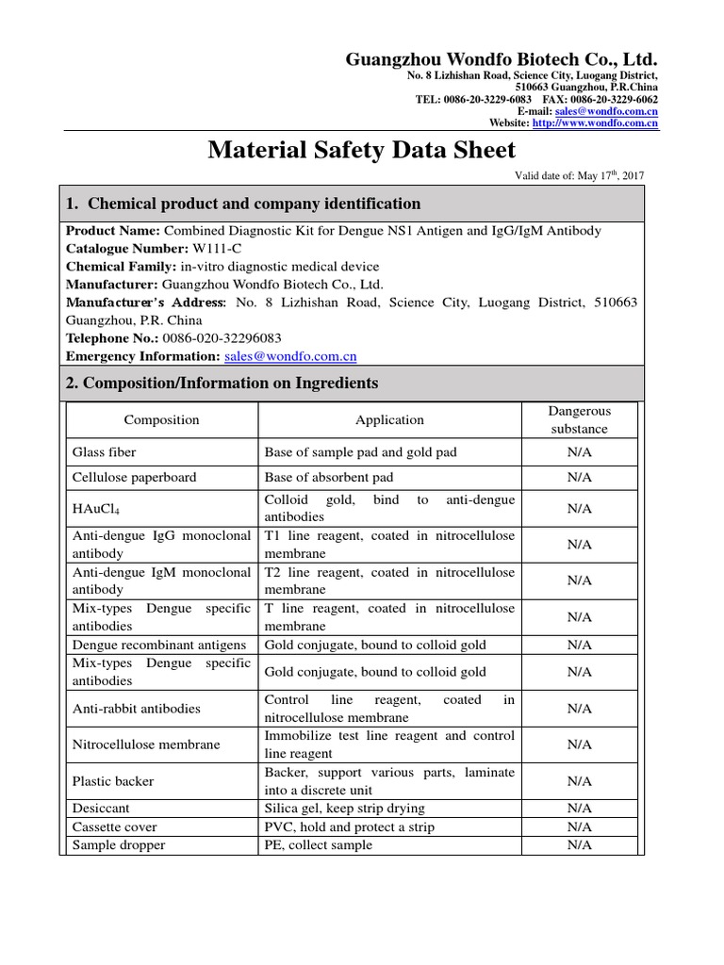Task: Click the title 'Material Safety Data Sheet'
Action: [x=361, y=150]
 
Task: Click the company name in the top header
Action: [x=502, y=58]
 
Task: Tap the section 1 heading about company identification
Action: [x=242, y=204]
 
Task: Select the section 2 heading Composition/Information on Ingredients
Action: [x=222, y=383]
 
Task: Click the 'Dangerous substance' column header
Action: [x=579, y=420]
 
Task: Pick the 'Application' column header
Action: [x=389, y=420]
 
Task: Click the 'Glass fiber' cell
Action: [x=104, y=452]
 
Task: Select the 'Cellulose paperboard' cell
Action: [x=135, y=478]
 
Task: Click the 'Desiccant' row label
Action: [x=101, y=809]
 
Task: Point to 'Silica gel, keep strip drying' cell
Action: [x=344, y=809]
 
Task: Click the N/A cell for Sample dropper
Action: [x=579, y=845]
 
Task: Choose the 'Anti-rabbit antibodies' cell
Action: [x=137, y=709]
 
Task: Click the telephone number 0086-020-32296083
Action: [x=222, y=338]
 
